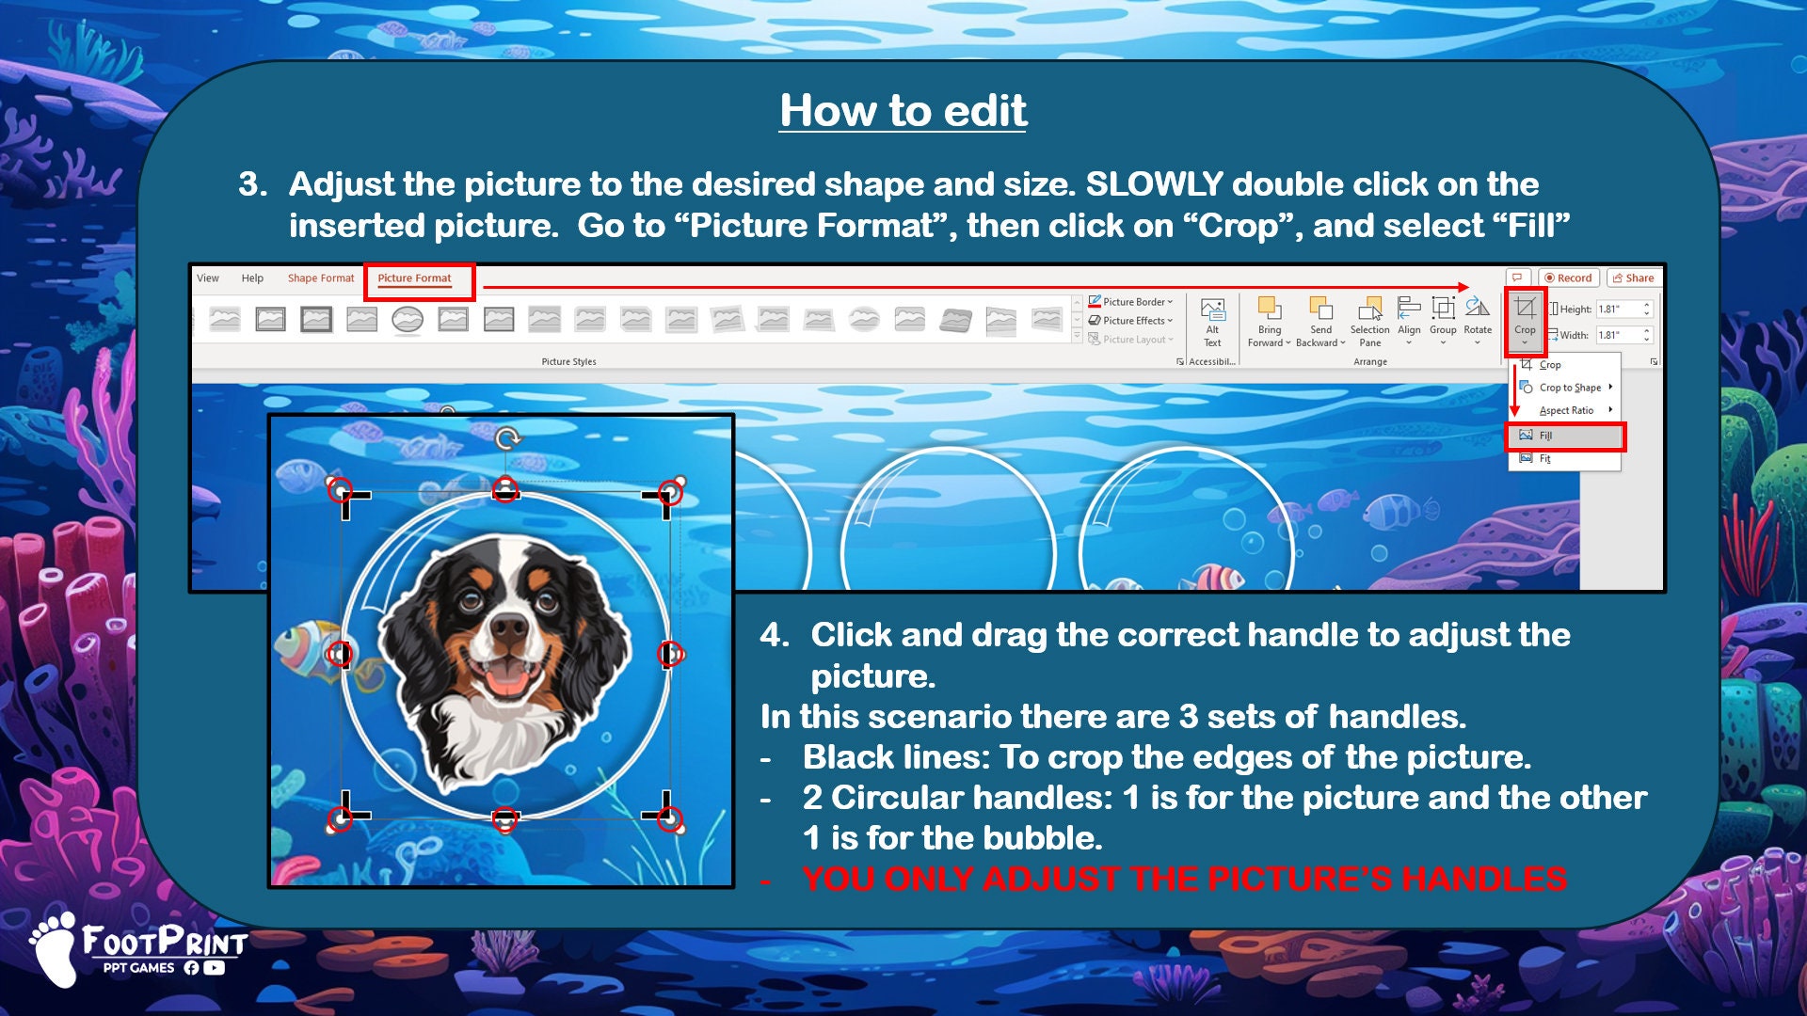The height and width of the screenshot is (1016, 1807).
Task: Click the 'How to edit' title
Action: point(903,111)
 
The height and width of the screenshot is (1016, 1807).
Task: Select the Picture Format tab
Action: point(414,278)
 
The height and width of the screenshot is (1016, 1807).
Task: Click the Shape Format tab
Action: point(320,278)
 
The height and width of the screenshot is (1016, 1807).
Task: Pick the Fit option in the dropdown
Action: point(1545,459)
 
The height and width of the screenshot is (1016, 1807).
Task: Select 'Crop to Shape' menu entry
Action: point(1569,388)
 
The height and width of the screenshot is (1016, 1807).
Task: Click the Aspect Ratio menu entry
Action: point(1566,411)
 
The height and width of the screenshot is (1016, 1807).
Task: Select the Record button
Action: point(1568,278)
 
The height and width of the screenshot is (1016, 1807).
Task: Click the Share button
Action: point(1634,278)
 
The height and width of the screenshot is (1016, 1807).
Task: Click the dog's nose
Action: point(509,627)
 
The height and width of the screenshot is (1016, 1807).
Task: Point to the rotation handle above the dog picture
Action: point(507,438)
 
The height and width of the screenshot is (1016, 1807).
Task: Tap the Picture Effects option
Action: point(1132,321)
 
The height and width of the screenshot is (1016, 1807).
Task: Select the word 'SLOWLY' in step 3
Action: point(1154,184)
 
